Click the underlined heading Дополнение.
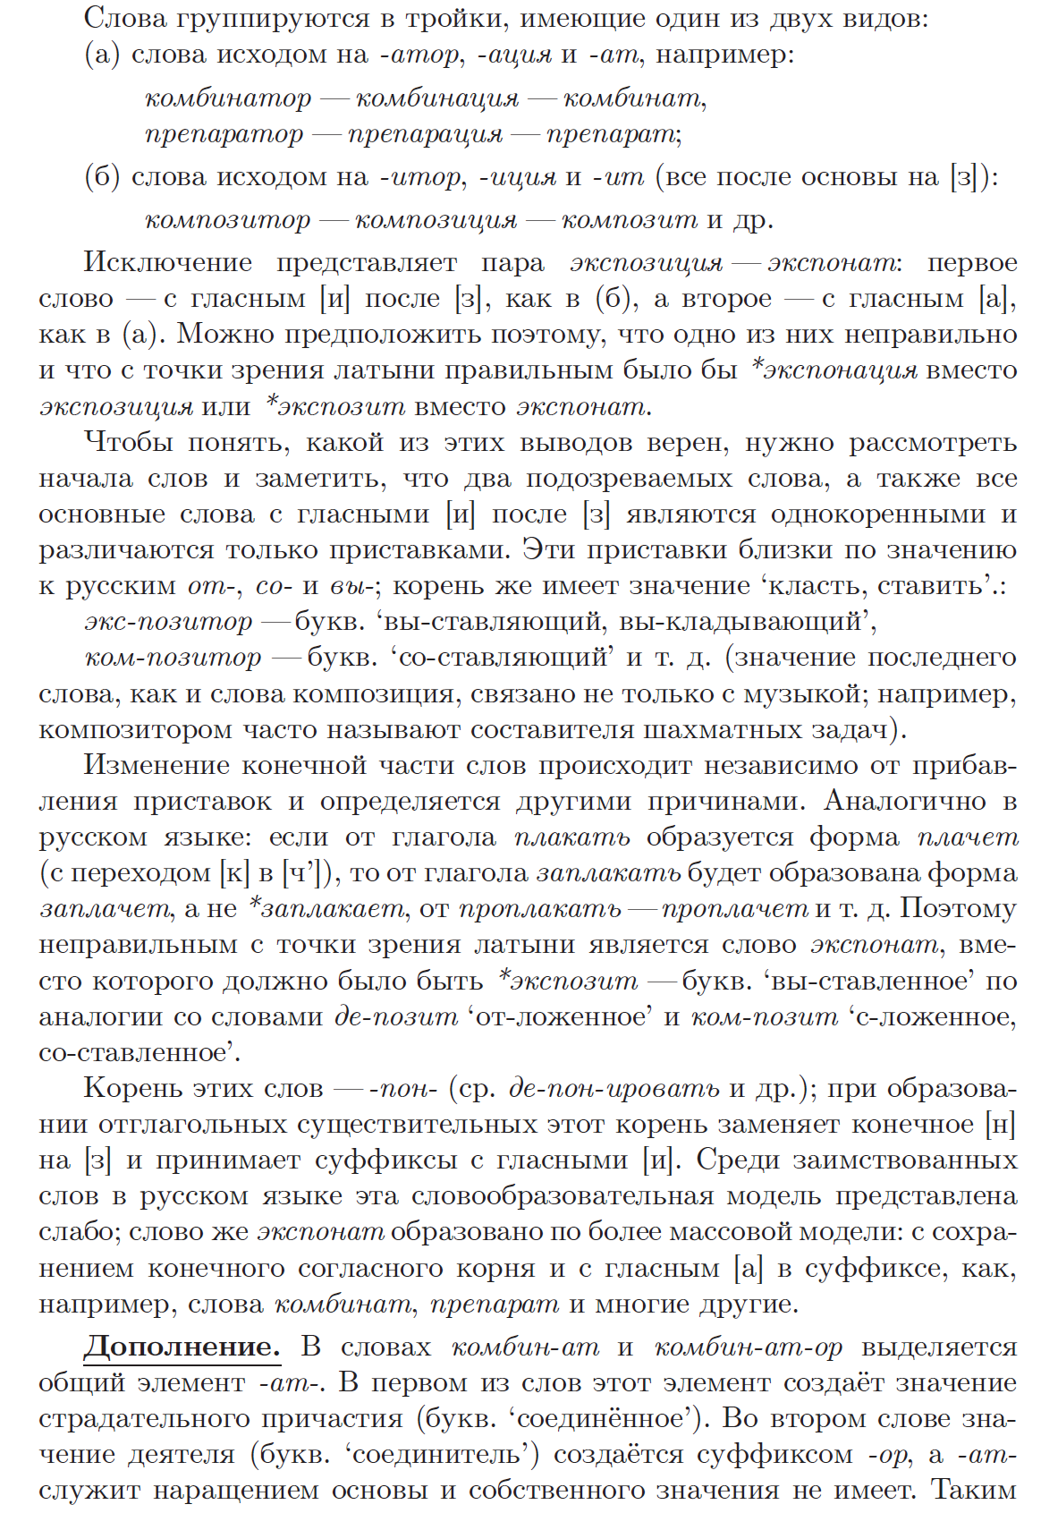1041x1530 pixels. point(182,1347)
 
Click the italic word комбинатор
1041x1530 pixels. point(228,98)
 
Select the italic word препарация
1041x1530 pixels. point(426,133)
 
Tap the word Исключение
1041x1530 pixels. point(168,262)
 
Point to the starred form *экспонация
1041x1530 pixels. point(834,370)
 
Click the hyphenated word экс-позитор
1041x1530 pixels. point(169,621)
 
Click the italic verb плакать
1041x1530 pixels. point(572,837)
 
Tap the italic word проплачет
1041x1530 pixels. point(735,909)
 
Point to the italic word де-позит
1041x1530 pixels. point(395,1017)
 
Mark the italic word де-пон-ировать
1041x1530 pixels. point(614,1089)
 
